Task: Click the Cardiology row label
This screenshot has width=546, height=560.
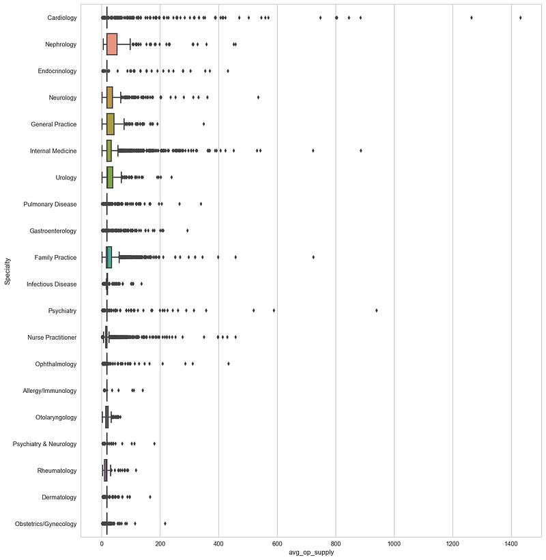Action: coord(62,18)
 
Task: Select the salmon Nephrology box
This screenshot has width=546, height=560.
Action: coord(112,44)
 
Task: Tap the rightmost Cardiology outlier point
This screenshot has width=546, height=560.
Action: coord(520,18)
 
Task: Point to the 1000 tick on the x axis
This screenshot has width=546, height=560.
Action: coord(394,544)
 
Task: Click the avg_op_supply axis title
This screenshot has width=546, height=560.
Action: coord(311,552)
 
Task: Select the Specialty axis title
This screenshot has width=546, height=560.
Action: coord(7,271)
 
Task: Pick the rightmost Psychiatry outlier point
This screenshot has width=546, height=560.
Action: coord(376,310)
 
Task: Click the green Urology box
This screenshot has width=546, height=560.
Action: coord(110,177)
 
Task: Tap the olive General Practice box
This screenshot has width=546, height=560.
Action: coord(111,124)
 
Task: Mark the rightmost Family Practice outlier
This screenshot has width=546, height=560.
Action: coord(313,257)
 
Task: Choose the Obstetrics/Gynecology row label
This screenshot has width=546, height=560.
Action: coord(46,524)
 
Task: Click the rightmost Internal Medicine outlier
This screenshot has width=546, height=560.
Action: coord(360,150)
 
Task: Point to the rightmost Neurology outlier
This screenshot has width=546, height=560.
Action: coord(258,97)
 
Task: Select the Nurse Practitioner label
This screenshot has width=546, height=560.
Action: coord(52,338)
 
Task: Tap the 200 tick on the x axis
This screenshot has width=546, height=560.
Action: coord(160,544)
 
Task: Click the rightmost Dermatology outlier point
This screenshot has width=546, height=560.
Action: coord(149,497)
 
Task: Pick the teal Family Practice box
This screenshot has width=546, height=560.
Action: coord(109,257)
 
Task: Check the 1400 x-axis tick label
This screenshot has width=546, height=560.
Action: coord(511,544)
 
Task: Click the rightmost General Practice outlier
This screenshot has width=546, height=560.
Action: coord(203,124)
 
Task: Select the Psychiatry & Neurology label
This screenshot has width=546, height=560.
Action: coord(44,444)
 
